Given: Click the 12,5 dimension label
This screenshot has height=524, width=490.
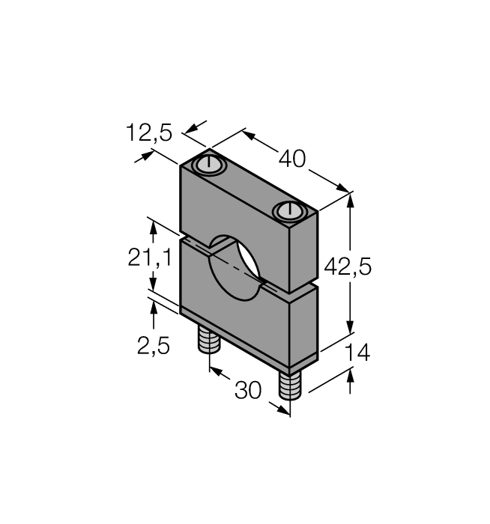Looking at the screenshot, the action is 149,133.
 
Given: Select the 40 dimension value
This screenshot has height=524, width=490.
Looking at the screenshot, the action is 292,159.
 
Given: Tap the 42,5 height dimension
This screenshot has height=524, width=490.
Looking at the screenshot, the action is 348,266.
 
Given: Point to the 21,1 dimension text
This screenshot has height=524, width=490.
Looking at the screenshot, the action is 150,258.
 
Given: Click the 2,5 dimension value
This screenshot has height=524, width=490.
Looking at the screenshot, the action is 154,345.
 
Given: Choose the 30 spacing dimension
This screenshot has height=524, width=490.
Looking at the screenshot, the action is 248,390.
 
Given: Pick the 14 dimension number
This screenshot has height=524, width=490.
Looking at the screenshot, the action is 357,353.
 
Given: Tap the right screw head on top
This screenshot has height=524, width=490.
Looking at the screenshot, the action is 289,211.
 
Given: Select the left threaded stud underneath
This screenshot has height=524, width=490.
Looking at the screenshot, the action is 209,339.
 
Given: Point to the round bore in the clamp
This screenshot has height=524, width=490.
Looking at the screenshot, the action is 234,267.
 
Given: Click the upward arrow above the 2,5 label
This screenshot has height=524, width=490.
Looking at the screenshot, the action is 154,314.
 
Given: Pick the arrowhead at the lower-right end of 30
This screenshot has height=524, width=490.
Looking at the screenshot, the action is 279,409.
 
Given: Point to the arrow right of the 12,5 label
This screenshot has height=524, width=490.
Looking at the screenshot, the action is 196,127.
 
